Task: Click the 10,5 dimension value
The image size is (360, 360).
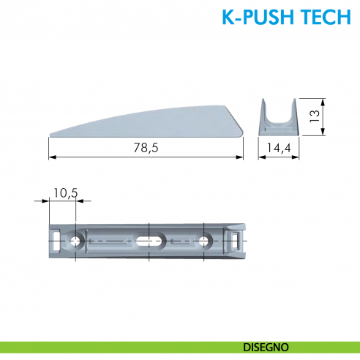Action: click(x=65, y=193)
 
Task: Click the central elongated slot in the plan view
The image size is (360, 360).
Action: click(x=149, y=240)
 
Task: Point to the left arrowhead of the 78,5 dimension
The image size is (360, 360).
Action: click(x=51, y=157)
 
